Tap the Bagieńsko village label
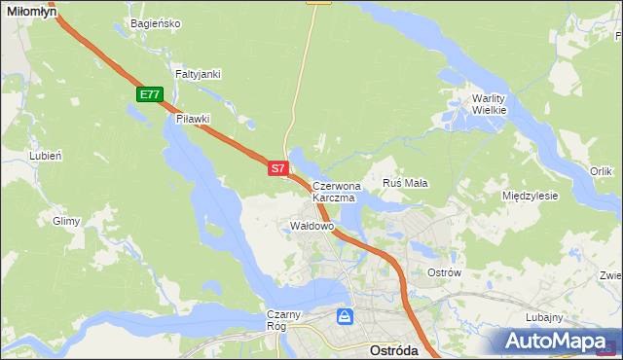coord(154,23)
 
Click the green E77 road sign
coord(149,94)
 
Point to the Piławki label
coord(193,119)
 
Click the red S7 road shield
coord(277,168)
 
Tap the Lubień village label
coord(46,156)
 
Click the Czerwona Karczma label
coord(337,191)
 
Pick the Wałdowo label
coord(312,226)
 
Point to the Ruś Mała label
coord(406,182)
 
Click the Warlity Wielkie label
coord(490,104)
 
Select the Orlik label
coord(601,171)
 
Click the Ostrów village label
coord(444,272)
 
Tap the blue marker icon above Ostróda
coord(345,316)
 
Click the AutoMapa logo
coord(559,342)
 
